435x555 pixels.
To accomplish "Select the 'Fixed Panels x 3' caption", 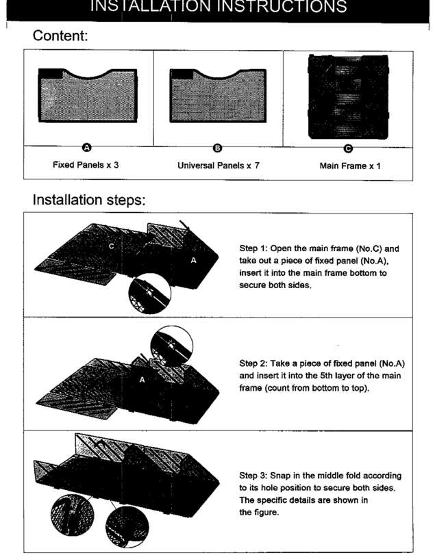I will [x=86, y=166].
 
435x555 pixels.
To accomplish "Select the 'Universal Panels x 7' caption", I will [x=218, y=166].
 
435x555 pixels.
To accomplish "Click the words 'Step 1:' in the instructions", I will [x=254, y=248].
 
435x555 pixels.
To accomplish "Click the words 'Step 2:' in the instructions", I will [x=254, y=363].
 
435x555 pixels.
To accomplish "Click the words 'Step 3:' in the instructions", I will [x=254, y=476].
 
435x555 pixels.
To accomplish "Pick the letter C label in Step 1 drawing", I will [x=112, y=246].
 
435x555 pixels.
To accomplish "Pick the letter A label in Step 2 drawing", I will [x=142, y=380].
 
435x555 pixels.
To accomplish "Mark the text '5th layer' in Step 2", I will [x=332, y=376].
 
